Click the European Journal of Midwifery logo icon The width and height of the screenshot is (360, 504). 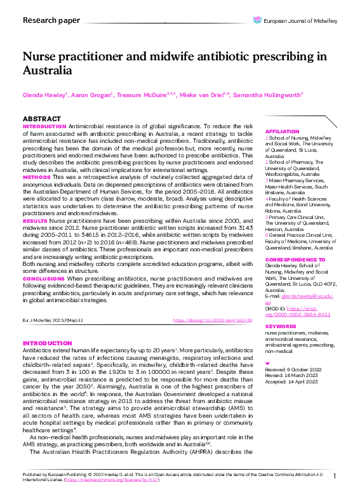coord(257,20)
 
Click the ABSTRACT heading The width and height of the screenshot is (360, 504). coord(42,119)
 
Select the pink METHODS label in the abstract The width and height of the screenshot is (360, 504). coord(37,177)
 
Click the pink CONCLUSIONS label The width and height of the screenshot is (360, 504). coord(44,279)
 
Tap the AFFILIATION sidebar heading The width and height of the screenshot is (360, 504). coord(283,131)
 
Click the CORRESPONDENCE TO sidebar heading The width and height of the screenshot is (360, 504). coord(295,260)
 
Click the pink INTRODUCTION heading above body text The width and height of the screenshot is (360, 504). coord(47,343)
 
